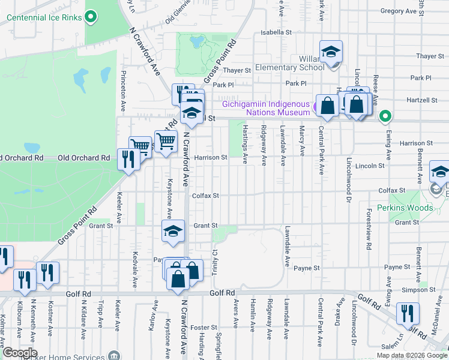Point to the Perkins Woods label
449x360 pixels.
pos(405,208)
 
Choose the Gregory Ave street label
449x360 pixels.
pos(398,11)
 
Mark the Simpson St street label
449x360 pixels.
pos(402,289)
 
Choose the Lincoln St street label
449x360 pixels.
pos(369,166)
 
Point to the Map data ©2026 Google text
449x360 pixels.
pos(412,355)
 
